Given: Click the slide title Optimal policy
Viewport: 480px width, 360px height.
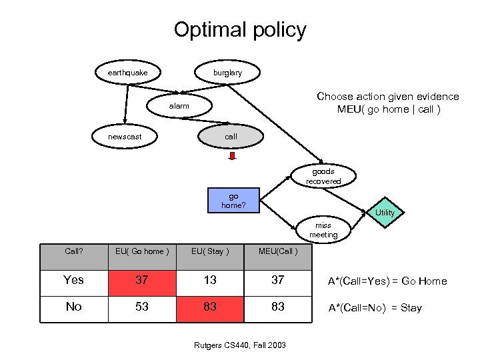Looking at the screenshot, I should (x=240, y=30).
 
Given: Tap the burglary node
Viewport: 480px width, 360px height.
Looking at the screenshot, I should (x=227, y=73).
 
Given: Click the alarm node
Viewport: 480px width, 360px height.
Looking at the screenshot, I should (x=179, y=106).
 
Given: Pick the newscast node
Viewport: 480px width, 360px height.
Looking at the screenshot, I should (x=125, y=137).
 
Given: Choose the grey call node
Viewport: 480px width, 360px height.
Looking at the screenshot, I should (x=231, y=137).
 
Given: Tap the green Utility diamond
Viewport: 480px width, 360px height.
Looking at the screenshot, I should (x=385, y=213).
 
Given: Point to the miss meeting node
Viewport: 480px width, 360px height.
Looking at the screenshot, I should (x=323, y=231).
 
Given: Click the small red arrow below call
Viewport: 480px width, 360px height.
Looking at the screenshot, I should (x=233, y=157).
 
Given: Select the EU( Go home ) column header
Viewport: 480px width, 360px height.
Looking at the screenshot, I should (x=141, y=251).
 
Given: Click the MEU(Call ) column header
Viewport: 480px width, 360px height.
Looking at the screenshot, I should (x=277, y=251).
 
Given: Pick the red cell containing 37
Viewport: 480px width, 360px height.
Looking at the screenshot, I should (x=141, y=281).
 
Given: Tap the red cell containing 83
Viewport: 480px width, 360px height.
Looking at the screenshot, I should (x=210, y=307).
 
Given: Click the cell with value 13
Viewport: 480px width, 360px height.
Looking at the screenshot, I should (x=210, y=281).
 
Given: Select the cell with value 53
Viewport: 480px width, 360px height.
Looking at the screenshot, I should (x=141, y=307).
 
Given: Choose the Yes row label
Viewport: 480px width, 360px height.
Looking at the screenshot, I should (x=73, y=281).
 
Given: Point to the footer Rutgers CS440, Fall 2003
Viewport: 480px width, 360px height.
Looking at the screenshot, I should (x=240, y=345).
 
